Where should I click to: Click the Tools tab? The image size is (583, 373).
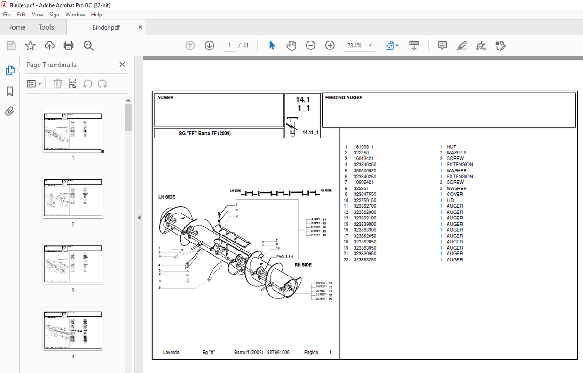(46, 27)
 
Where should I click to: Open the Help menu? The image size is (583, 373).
(96, 15)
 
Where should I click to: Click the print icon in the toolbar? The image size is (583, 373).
(69, 45)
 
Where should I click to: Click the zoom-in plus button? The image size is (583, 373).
(330, 45)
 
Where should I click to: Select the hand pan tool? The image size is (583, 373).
(291, 45)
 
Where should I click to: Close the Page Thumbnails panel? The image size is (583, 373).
(122, 65)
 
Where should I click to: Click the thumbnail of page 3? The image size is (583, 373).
(73, 263)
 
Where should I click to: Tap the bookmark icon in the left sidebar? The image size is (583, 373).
(10, 91)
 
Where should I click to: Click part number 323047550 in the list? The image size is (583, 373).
(365, 194)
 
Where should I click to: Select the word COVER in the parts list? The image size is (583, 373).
(455, 194)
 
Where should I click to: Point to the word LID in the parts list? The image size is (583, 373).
(450, 200)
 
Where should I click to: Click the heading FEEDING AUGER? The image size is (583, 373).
(344, 97)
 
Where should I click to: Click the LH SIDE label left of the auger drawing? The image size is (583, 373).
(166, 197)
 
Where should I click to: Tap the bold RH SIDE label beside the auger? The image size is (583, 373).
(303, 265)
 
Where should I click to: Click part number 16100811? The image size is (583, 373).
(363, 147)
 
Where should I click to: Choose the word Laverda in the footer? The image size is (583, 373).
(171, 352)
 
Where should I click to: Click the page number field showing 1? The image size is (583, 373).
(229, 45)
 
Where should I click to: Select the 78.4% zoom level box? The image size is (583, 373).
(355, 45)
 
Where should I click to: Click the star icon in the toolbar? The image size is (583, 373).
(30, 45)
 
